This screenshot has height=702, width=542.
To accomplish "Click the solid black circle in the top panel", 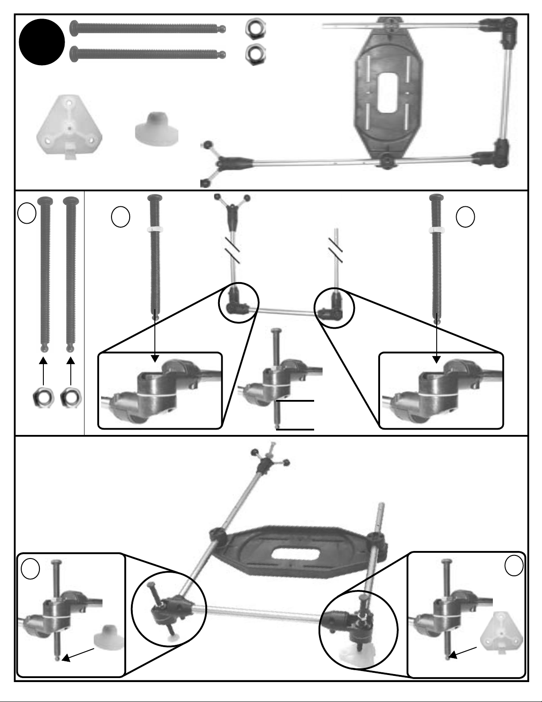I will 42,43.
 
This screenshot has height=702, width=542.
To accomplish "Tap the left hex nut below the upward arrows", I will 43,398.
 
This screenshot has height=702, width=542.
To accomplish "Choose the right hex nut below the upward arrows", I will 70,398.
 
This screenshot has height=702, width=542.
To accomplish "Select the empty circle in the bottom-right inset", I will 514,566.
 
